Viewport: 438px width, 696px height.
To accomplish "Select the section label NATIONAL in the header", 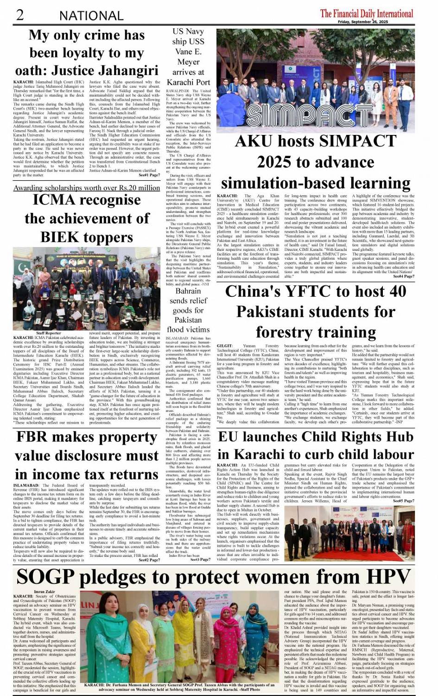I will coord(91,16).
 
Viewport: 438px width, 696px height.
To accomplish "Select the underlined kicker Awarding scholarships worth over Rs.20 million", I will coord(87,188).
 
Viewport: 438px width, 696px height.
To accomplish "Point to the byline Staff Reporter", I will coord(48,333).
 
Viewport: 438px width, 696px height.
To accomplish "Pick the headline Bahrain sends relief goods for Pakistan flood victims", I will coord(188,310).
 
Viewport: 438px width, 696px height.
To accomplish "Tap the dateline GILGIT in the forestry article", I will coord(225,346).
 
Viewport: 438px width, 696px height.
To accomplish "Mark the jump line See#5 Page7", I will coord(403,501).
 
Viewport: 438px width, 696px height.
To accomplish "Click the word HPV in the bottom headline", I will coord(386,577).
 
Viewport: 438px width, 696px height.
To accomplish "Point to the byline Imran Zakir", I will coord(44,592).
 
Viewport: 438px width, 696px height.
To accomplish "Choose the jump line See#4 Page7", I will coord(403,276).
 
